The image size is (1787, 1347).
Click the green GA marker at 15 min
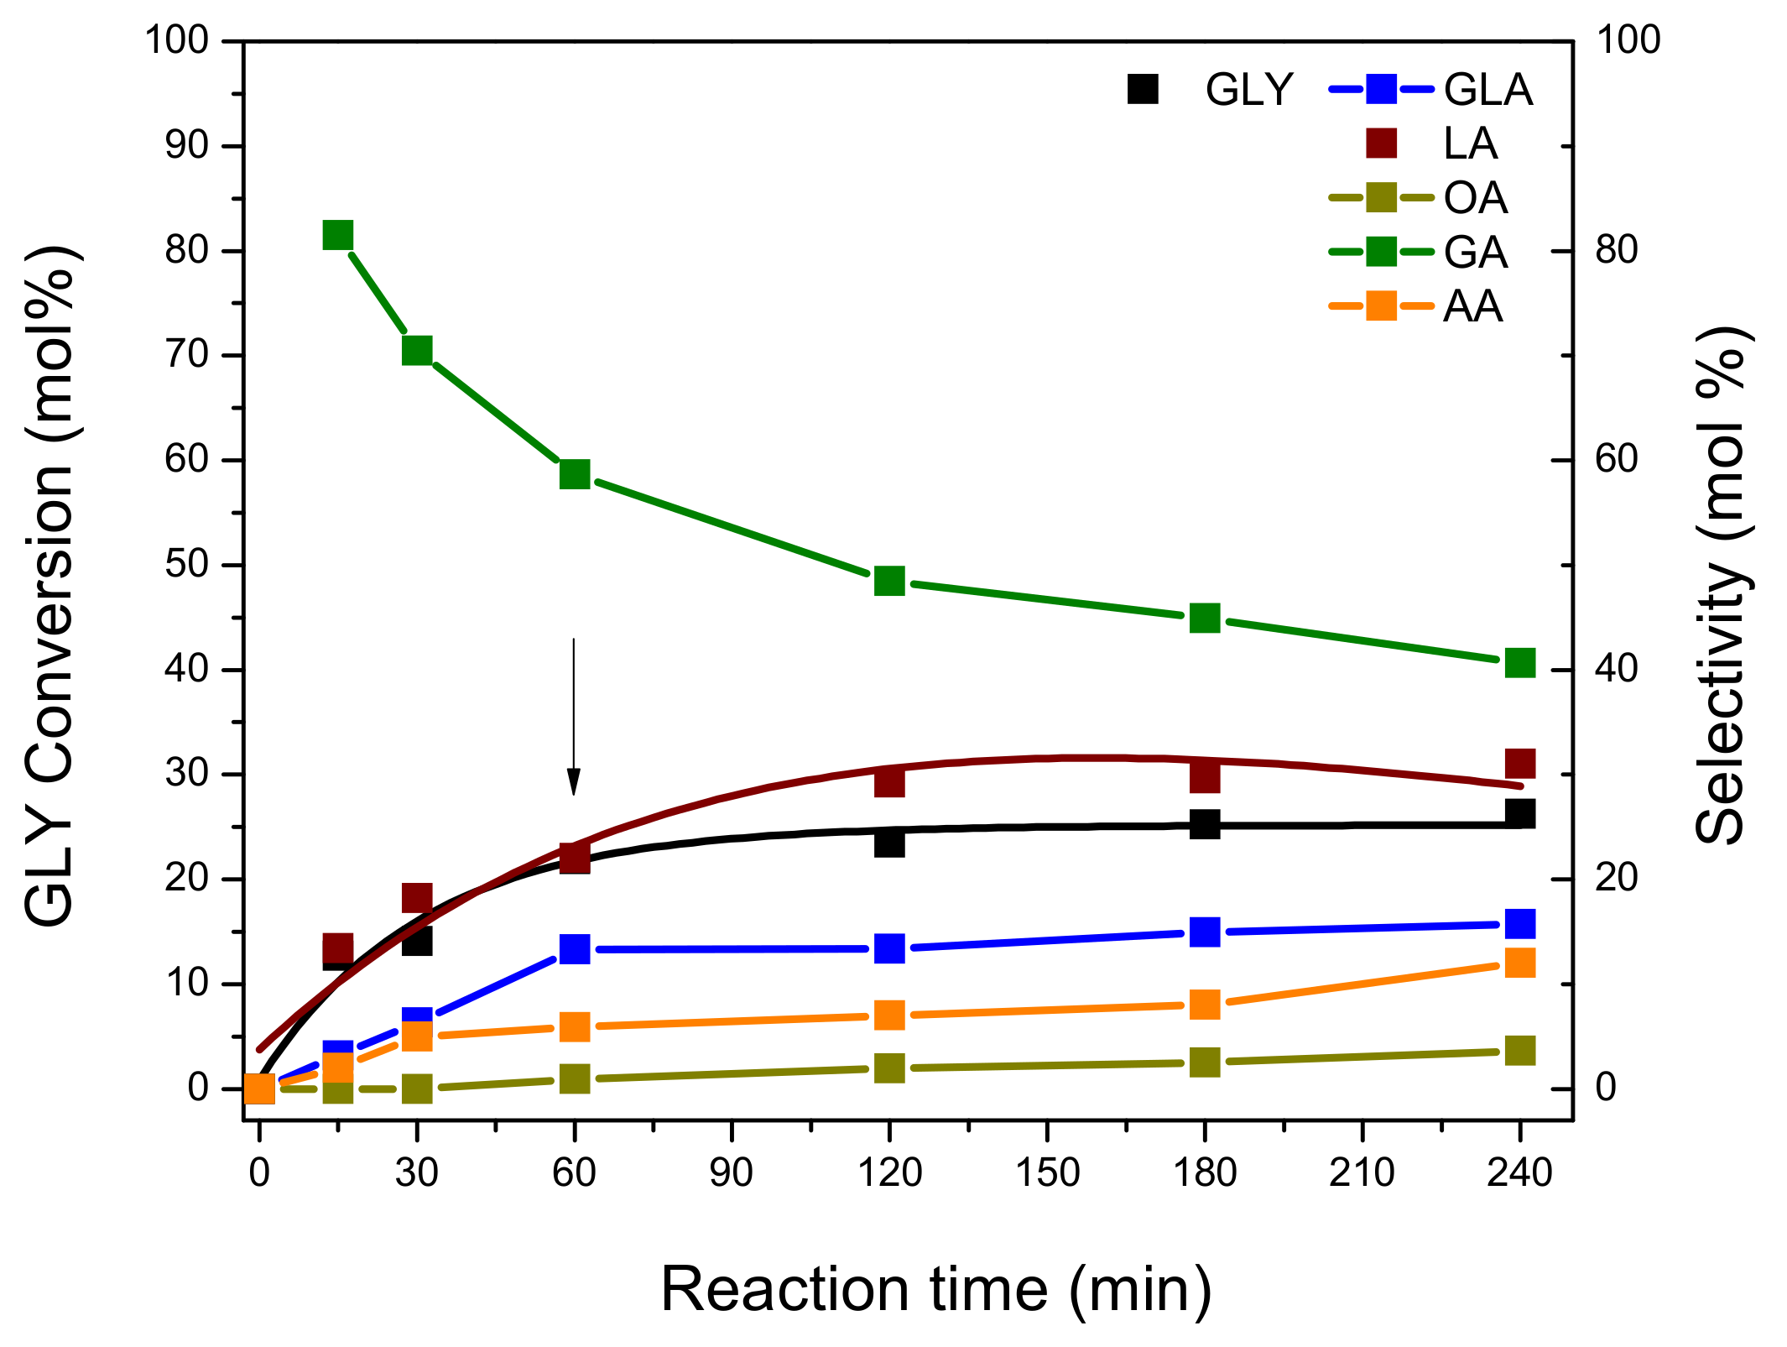coord(337,236)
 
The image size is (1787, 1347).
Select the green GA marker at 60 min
coord(575,474)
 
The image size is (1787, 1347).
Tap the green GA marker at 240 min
coord(1519,663)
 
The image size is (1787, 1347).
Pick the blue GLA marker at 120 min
coord(889,948)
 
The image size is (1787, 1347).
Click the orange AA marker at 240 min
coord(1519,963)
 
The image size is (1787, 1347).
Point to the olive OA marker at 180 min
coord(1205,1062)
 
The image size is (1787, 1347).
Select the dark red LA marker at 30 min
coord(417,898)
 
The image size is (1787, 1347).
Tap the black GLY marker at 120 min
coord(889,843)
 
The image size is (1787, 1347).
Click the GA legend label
coord(1476,253)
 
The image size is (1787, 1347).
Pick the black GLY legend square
coord(1143,89)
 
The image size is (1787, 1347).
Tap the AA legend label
coord(1472,306)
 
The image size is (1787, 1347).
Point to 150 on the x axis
coord(1047,1173)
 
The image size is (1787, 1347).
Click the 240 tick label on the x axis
coord(1519,1173)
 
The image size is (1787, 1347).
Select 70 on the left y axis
coord(186,355)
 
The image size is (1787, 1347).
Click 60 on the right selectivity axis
coord(1616,460)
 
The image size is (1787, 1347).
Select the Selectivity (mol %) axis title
coord(1722,587)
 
